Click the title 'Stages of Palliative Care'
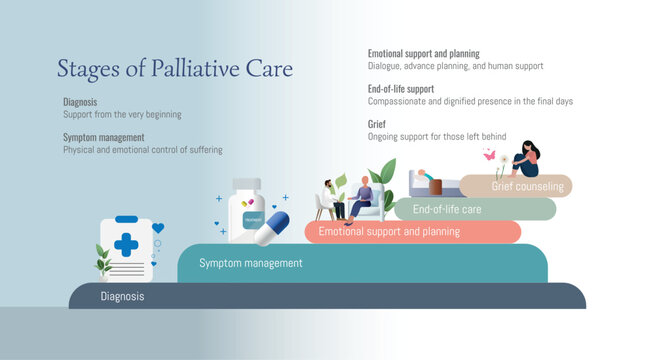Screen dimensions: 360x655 point(175,69)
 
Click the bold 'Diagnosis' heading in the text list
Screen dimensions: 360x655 point(80,102)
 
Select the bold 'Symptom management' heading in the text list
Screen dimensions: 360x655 point(104,137)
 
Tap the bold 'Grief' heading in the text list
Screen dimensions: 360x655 point(377,124)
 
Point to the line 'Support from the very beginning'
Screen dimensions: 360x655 point(122,115)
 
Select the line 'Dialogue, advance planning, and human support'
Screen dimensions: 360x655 point(455,66)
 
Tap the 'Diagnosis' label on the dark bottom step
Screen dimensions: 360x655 point(122,297)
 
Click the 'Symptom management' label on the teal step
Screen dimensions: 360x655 point(250,264)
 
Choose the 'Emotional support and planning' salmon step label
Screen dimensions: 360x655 point(389,232)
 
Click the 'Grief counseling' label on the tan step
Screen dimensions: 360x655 point(527,187)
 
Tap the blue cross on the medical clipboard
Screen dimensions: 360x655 point(126,244)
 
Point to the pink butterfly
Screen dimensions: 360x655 point(490,155)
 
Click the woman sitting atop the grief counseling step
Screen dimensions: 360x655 point(526,160)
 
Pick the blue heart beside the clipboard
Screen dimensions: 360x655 point(157,229)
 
